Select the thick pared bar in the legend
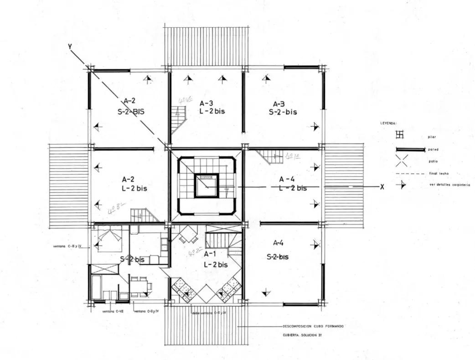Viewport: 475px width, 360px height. pos(410,149)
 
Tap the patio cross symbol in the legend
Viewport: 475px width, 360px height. pos(401,161)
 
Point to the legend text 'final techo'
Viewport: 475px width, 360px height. pos(439,174)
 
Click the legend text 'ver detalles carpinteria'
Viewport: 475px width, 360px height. pos(449,185)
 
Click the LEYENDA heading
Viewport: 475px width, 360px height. pos(388,124)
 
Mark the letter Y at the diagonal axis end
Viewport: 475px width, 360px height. pos(70,47)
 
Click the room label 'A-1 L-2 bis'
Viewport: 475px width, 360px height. pos(215,259)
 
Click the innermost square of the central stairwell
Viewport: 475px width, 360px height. pos(207,186)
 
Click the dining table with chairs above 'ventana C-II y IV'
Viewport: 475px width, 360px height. pos(140,287)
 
